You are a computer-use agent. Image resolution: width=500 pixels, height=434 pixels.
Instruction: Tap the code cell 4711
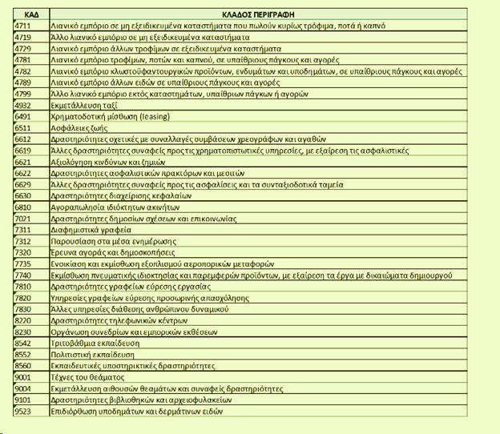click(x=23, y=26)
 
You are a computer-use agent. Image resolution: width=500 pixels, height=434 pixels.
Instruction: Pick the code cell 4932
click(x=23, y=104)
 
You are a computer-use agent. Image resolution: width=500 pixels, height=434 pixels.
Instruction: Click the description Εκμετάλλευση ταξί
click(x=83, y=104)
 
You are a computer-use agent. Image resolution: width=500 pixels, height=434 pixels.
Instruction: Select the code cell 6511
click(x=23, y=127)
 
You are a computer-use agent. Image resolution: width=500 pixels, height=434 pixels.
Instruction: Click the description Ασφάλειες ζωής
click(x=79, y=127)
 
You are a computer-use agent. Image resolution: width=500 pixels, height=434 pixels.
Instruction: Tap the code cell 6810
click(x=23, y=206)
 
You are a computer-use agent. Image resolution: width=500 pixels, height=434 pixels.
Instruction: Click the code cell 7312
click(x=23, y=239)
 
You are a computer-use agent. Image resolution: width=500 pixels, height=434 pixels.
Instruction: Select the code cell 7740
click(x=23, y=274)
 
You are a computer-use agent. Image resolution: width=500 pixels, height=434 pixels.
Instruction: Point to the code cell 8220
click(x=23, y=319)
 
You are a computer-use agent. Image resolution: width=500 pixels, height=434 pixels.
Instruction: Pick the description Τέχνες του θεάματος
click(x=89, y=376)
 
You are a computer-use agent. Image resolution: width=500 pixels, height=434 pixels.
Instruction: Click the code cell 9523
click(x=23, y=411)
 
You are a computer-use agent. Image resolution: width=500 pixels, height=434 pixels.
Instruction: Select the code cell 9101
click(x=23, y=399)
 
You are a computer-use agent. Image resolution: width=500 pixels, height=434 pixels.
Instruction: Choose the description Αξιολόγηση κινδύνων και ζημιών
click(x=108, y=160)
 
